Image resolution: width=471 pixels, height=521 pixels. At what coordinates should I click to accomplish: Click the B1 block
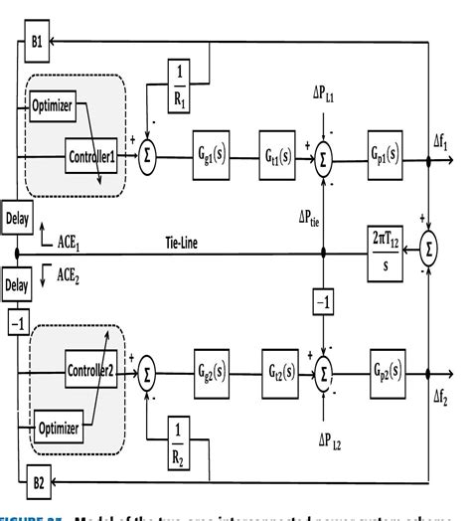(x=36, y=43)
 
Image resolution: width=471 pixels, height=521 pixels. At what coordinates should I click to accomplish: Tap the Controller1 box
(x=91, y=154)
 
